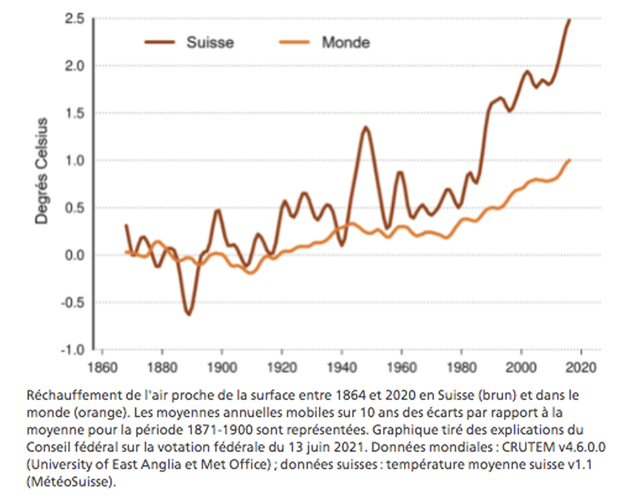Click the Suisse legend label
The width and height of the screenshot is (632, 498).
210,43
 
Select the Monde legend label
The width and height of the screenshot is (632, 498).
346,43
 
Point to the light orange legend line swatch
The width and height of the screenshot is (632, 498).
294,43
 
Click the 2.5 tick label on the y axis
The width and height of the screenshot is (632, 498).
74,18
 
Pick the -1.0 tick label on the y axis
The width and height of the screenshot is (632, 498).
72,349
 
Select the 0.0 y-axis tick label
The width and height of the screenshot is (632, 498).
74,255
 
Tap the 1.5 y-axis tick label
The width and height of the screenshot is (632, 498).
74,113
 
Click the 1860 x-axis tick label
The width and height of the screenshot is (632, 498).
102,366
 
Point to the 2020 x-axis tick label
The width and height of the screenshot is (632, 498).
581,366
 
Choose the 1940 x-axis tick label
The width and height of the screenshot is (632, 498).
341,366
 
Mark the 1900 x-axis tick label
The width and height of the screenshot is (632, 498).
221,366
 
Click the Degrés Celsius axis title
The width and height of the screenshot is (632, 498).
42,170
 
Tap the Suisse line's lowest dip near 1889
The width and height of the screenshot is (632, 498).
188,314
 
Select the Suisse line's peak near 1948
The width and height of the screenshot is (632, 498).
366,128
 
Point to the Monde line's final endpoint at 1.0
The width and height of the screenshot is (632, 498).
569,160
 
